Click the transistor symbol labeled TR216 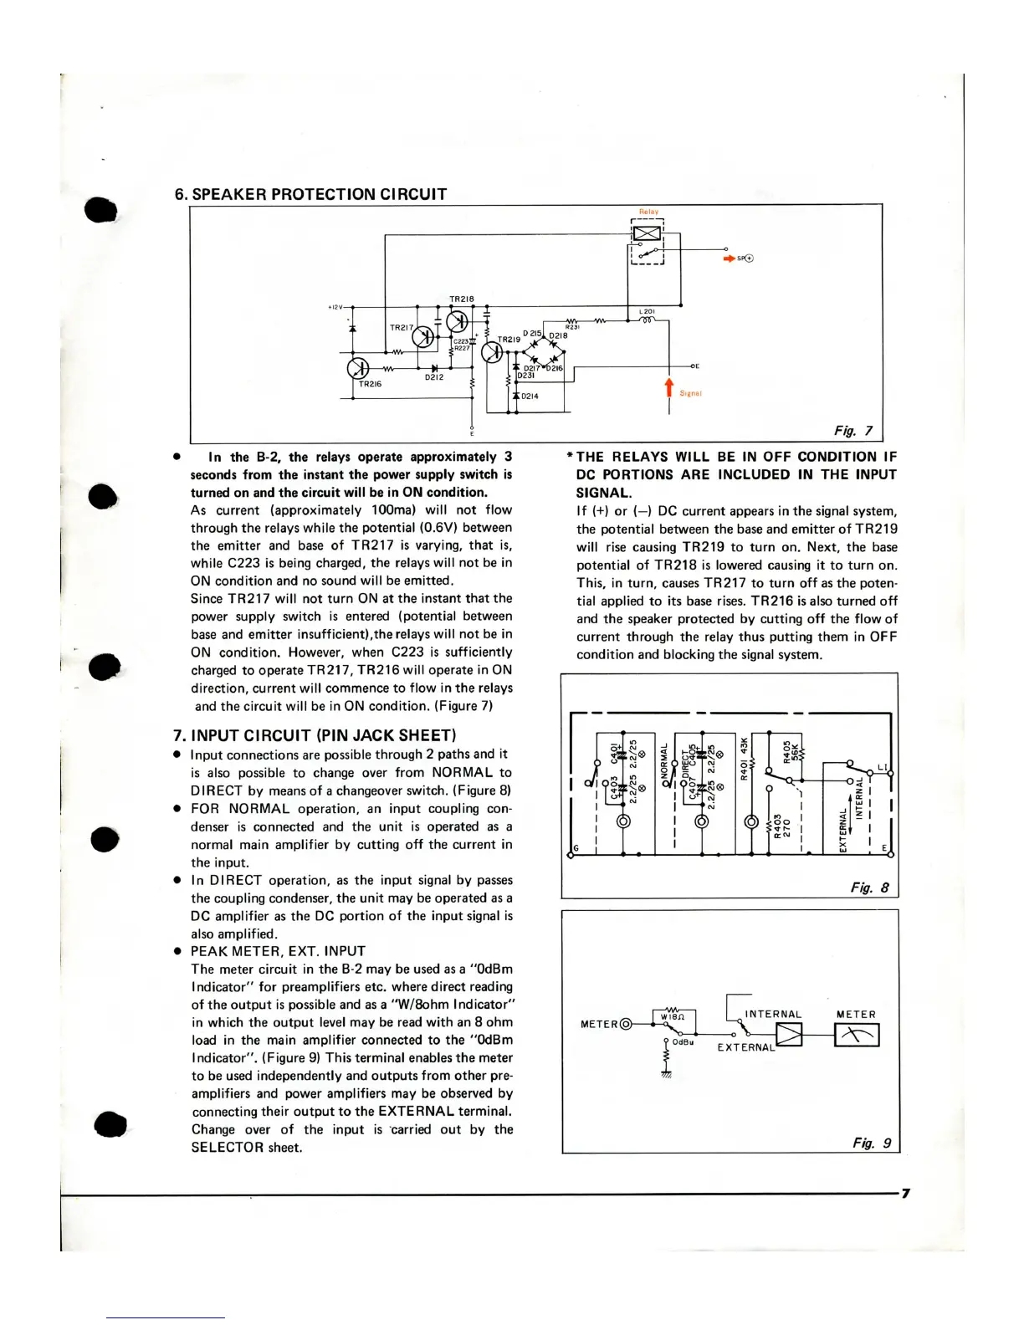pos(358,368)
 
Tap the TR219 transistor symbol pos(492,352)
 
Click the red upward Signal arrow pos(668,387)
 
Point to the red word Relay pos(648,212)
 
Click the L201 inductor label pos(647,312)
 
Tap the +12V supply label pos(335,307)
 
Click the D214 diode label pos(530,396)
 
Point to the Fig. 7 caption pos(852,431)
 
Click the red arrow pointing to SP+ pos(729,258)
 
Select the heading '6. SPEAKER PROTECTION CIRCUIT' pos(310,194)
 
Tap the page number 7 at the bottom pos(905,1194)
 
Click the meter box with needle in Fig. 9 pos(857,1036)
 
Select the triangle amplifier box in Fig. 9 pos(789,1036)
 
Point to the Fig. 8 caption pos(870,888)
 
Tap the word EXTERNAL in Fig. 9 pos(746,1047)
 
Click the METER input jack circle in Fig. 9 pos(626,1024)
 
